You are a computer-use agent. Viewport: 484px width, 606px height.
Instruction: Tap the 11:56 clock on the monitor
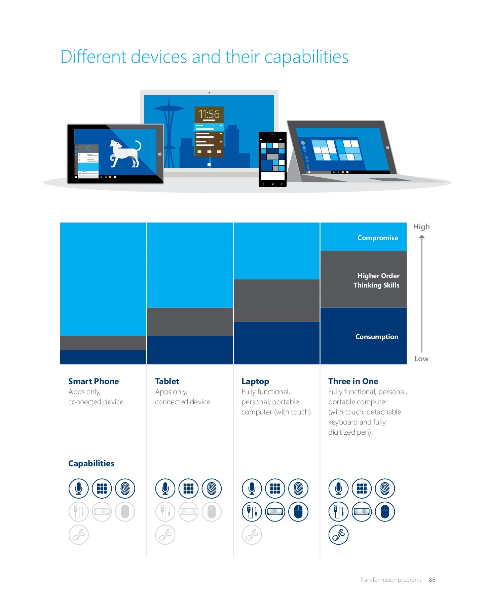point(209,114)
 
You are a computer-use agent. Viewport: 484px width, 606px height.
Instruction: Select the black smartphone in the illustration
point(272,159)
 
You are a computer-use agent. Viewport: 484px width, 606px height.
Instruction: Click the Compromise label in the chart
point(377,238)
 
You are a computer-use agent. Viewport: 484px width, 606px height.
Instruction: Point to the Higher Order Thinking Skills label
point(377,280)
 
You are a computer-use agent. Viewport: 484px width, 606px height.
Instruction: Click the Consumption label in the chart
point(377,337)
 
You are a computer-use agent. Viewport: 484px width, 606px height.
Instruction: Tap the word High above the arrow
point(421,227)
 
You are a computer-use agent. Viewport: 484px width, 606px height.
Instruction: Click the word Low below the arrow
point(421,359)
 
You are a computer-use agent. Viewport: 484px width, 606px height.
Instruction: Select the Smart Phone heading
point(94,381)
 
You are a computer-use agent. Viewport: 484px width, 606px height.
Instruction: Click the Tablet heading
point(167,381)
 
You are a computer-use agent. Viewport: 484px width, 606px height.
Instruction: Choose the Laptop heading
point(255,381)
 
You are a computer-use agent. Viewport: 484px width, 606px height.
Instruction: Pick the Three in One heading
point(353,381)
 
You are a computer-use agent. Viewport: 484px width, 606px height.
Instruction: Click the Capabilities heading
point(91,463)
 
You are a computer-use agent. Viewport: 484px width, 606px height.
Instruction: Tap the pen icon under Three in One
point(338,535)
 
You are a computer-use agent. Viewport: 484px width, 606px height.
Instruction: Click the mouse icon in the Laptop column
point(298,512)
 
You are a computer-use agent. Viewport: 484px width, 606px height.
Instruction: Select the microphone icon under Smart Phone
point(79,489)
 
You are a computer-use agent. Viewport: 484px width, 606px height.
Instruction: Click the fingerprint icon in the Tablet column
point(212,489)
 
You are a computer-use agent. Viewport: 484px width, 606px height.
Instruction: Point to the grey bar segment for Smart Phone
point(103,343)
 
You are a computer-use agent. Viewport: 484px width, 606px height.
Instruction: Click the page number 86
point(432,580)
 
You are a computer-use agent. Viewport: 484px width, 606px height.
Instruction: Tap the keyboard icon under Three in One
point(362,512)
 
